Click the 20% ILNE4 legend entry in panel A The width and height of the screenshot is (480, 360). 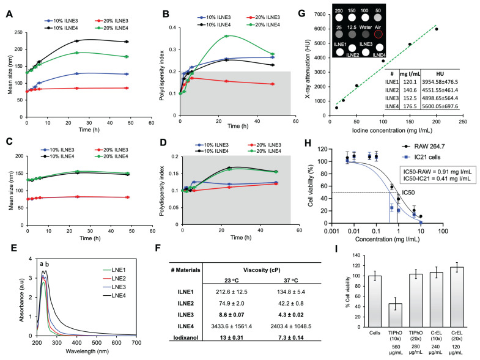click(111, 28)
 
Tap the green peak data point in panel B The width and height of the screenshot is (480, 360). click(226, 36)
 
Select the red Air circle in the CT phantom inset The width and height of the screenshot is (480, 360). click(378, 34)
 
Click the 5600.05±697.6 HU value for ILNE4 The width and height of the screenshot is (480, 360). click(440, 106)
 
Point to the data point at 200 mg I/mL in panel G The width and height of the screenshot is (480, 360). click(437, 29)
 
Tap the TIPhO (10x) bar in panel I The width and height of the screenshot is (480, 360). click(395, 315)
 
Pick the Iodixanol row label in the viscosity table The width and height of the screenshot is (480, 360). click(186, 337)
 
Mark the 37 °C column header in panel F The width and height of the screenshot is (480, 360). click(291, 281)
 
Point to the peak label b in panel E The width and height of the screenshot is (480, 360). click(47, 264)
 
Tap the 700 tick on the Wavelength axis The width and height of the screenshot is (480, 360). click(136, 343)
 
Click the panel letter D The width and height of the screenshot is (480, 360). click(163, 142)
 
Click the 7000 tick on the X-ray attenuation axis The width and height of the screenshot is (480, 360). click(320, 15)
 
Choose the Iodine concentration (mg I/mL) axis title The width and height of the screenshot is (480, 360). click(392, 131)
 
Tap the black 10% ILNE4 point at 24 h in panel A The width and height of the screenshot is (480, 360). click(77, 41)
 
